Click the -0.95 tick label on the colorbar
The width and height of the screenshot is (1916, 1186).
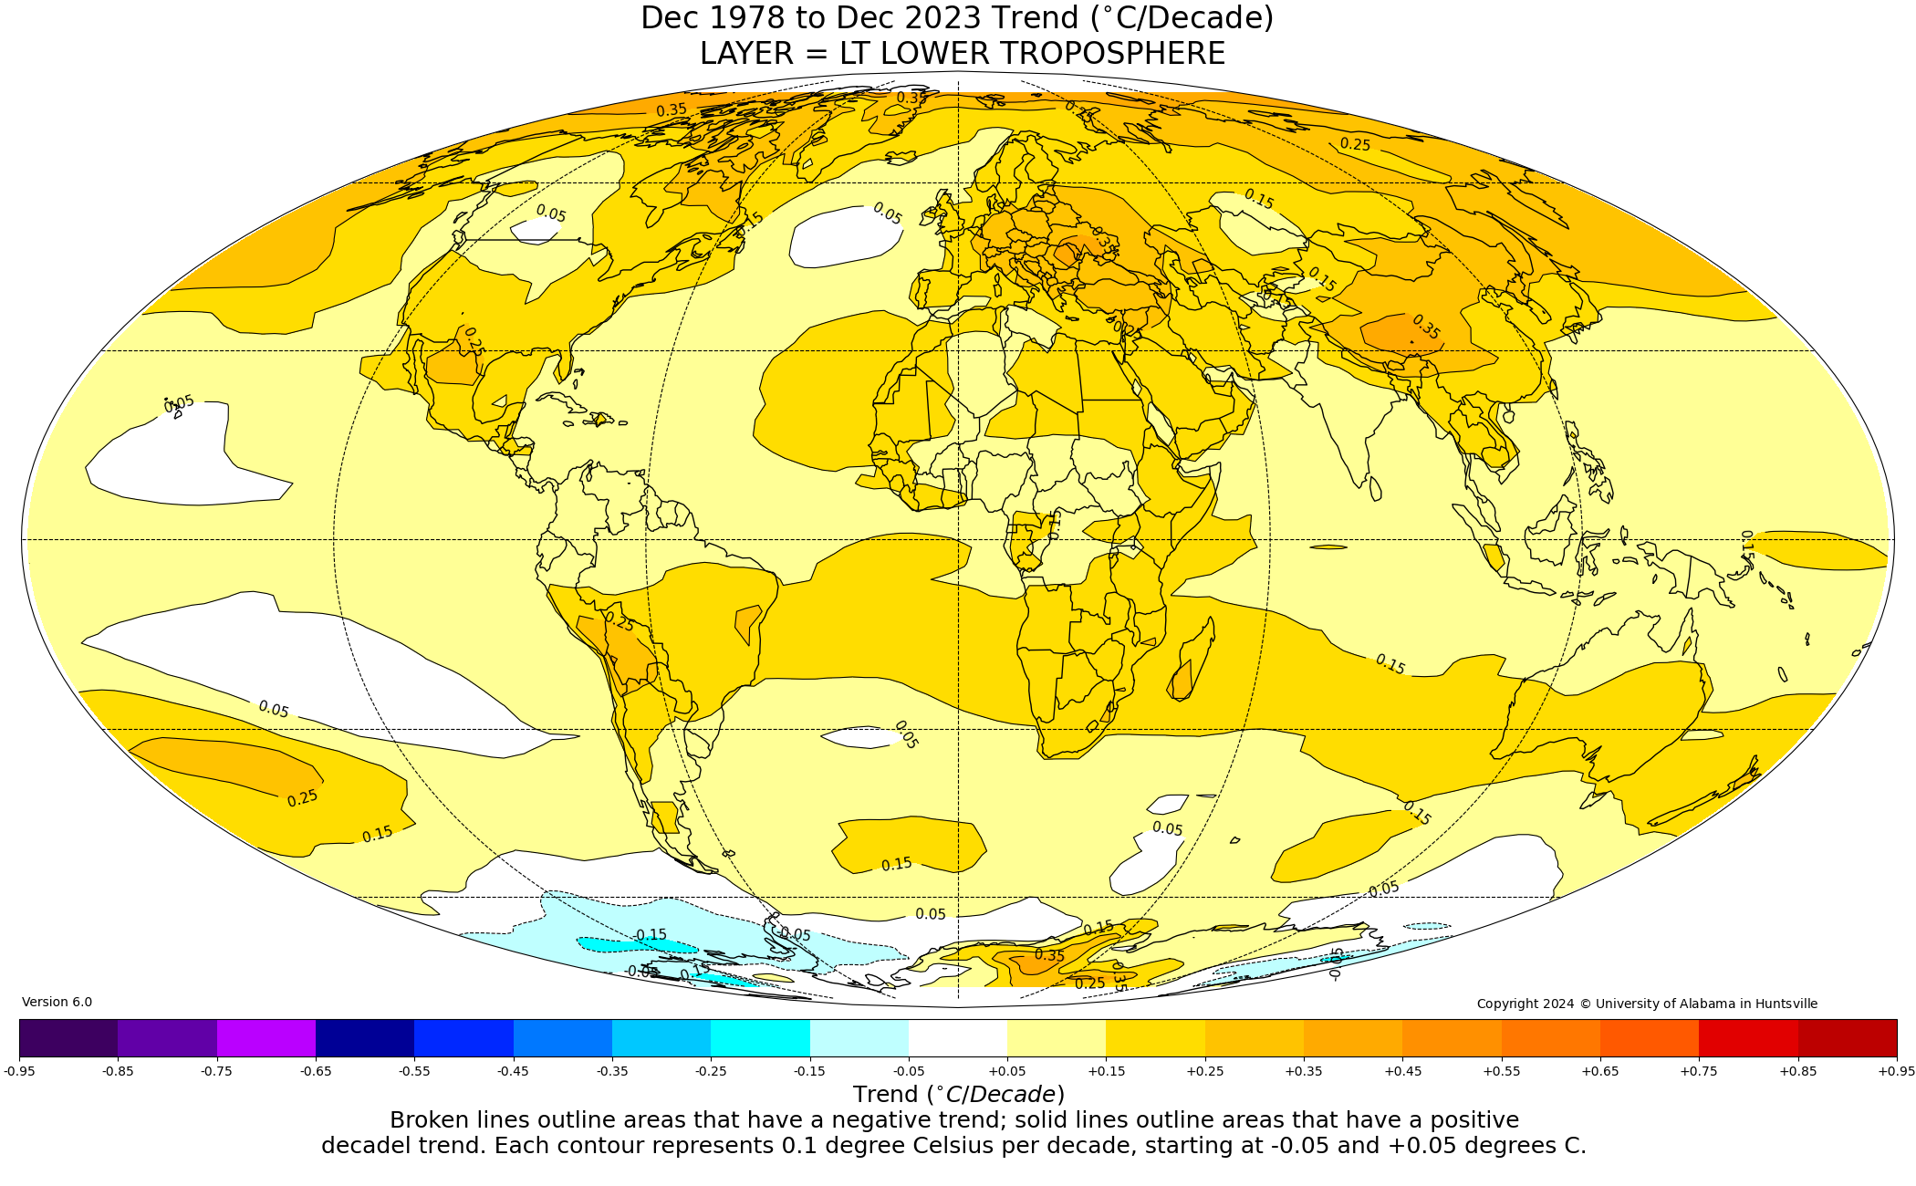pos(19,1071)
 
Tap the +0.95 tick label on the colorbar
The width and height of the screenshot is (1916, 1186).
pos(1896,1071)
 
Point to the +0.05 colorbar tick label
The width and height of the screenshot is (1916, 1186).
pos(1007,1071)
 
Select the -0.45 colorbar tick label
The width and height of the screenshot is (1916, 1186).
pos(513,1071)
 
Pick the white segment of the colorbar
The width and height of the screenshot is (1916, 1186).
pos(958,1037)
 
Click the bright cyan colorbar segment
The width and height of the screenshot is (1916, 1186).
pos(760,1037)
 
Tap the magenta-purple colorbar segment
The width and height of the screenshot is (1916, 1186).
pos(266,1037)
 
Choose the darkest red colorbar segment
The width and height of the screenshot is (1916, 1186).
pos(1848,1037)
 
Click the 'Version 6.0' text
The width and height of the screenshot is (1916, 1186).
pos(57,1003)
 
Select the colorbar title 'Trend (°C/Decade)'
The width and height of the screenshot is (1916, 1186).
pos(958,1095)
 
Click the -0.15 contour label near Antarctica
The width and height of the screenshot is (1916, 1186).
pos(650,935)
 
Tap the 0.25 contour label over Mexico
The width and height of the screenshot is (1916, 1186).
pos(473,341)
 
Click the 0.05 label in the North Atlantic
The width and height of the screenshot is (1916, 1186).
pos(887,213)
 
